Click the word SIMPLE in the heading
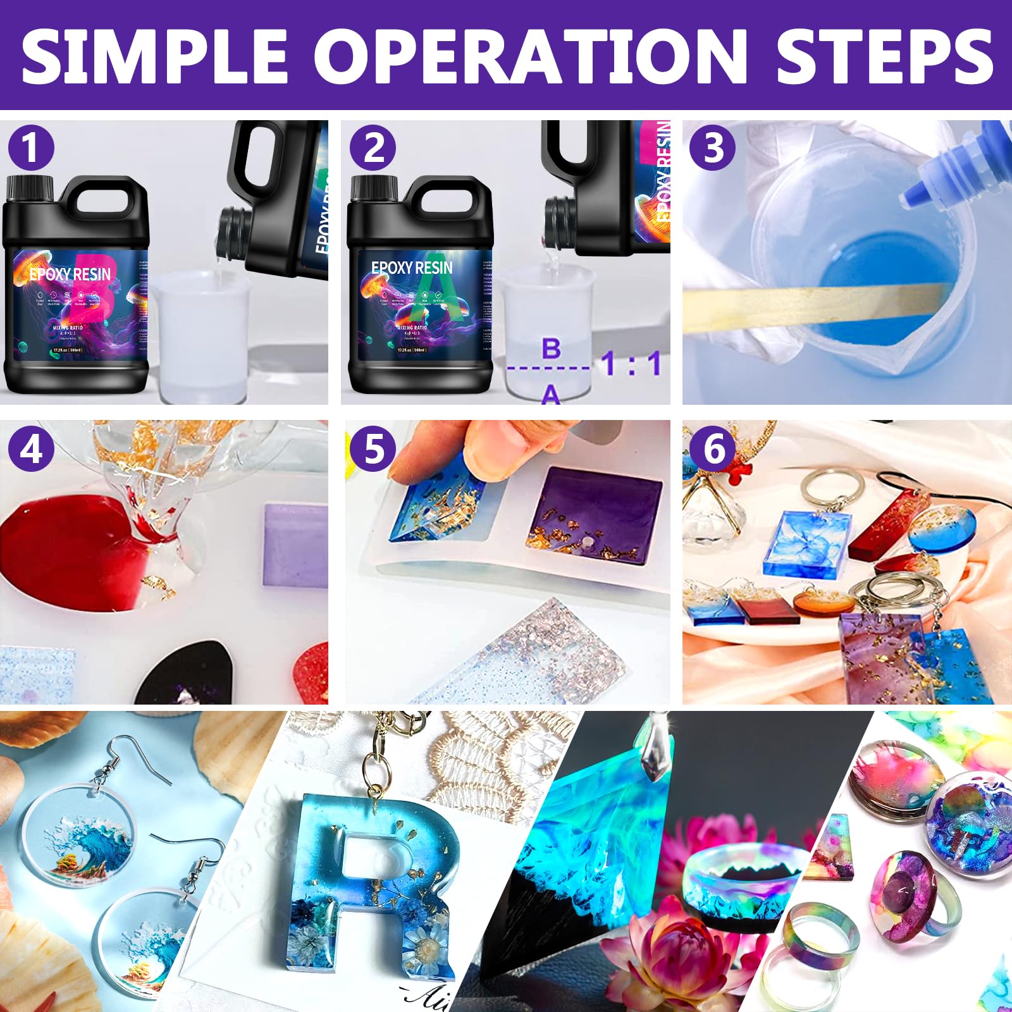[155, 56]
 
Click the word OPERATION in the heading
[530, 56]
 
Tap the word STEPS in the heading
[884, 56]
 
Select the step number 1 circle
[30, 149]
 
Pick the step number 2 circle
[373, 149]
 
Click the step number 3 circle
[713, 149]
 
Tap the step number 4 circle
[30, 450]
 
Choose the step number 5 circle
[373, 450]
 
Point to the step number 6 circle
[713, 450]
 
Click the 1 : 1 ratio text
[631, 364]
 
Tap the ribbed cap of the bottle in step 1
[29, 188]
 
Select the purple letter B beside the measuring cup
[552, 348]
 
